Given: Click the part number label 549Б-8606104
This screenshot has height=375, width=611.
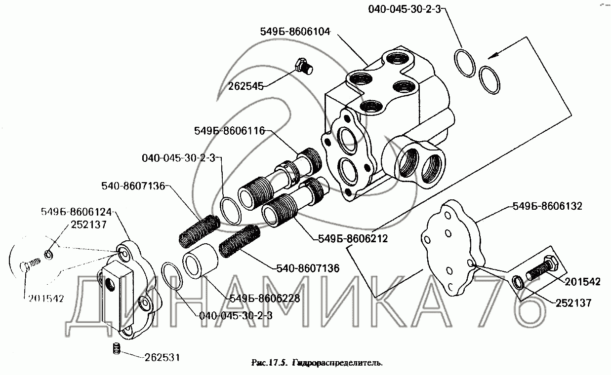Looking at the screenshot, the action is pos(295,32).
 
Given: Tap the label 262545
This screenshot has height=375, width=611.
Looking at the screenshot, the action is pos(246,86).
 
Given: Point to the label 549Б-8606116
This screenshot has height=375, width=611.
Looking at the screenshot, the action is pos(229,131).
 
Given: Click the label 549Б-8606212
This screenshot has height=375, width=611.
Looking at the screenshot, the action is pos(353,239).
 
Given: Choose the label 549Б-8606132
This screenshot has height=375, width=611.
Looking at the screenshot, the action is pos(547,206).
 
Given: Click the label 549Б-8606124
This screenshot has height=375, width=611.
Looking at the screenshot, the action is pos(77,212).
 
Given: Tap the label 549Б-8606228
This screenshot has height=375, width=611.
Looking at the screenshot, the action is pos(265,298).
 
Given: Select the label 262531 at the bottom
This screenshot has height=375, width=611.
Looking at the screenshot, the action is pos(163,357).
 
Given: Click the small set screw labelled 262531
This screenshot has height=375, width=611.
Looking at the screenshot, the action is pos(117,348).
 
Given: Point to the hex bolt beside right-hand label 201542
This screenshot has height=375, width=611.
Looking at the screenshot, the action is pos(542,268).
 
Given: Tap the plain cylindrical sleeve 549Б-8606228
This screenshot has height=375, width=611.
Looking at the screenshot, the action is pos(201,261).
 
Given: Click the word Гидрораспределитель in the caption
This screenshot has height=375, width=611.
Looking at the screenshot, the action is pos(338,363).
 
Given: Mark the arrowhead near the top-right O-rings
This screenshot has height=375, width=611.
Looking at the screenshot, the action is pos(492,56).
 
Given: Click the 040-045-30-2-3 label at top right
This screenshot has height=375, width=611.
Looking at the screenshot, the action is pos(405,9).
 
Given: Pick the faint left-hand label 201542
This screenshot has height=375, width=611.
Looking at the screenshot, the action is pos(46,299).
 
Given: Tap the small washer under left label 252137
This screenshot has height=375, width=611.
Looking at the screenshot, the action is pos(48,255).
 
